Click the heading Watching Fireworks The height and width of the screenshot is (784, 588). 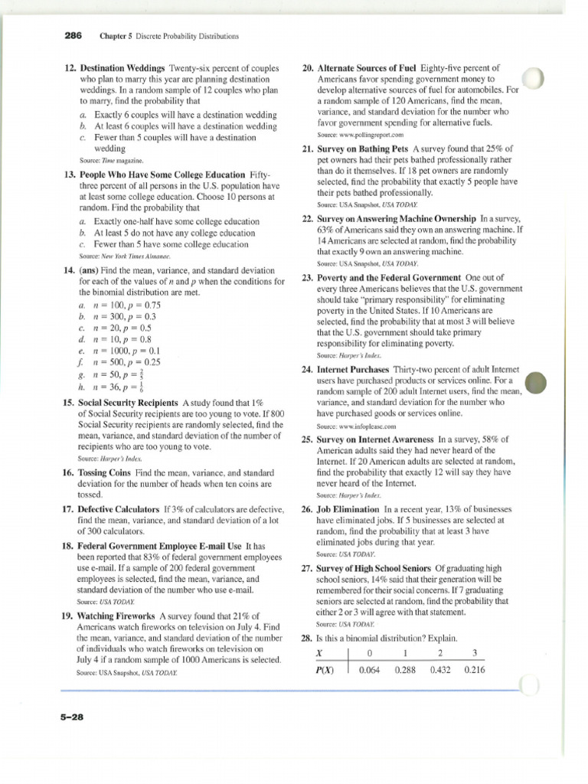tap(118, 616)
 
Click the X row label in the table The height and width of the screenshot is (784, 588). tap(319, 652)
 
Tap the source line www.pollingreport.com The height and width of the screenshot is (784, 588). tap(356, 134)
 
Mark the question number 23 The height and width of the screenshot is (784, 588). tap(307, 278)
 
